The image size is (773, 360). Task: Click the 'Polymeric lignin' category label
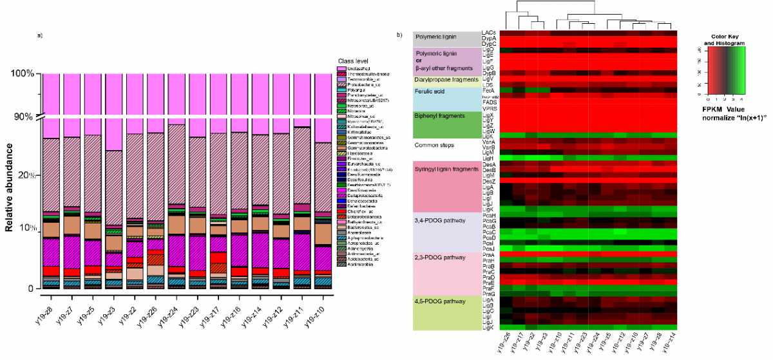coord(437,53)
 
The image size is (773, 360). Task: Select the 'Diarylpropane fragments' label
coord(446,80)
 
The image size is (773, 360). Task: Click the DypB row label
coord(488,73)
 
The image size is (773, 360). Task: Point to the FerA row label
coord(488,91)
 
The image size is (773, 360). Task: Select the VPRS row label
coord(489,109)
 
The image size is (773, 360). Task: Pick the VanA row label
coord(488,142)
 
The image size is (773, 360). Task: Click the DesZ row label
coord(488,181)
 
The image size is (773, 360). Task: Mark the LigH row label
coord(488,158)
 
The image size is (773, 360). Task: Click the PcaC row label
coord(488,232)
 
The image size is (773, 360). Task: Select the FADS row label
coord(489,102)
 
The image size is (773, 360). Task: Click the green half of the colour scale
coord(737,70)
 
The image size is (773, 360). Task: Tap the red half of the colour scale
coord(717,70)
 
